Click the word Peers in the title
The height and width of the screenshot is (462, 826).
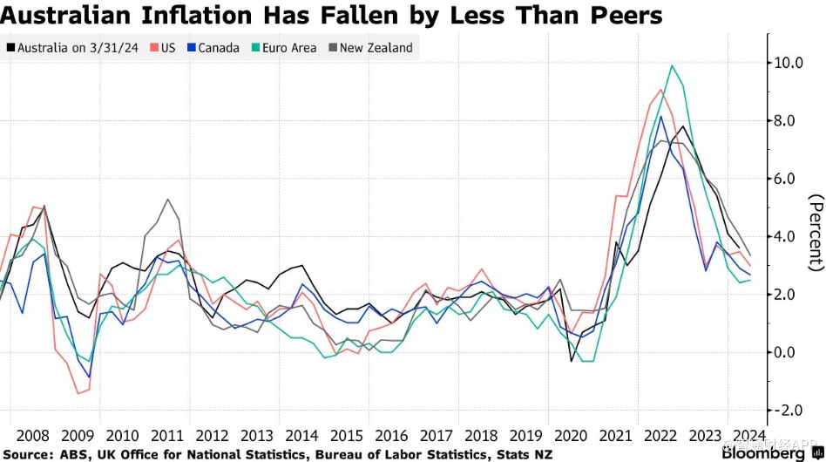(617, 16)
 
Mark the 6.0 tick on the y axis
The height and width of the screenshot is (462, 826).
(789, 179)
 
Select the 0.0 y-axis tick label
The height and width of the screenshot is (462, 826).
(789, 352)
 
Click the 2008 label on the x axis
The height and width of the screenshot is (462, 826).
(32, 436)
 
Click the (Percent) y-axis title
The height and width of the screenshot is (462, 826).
(816, 232)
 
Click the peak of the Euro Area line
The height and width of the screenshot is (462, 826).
(671, 65)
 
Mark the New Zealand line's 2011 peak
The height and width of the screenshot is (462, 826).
(167, 200)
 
